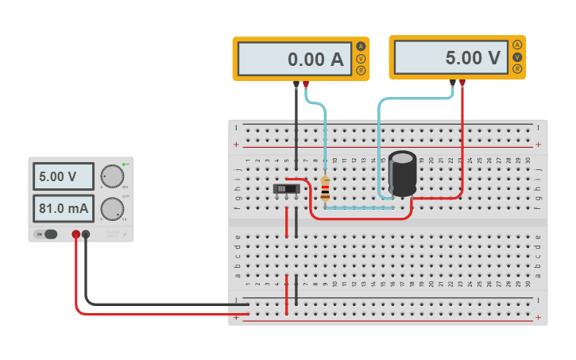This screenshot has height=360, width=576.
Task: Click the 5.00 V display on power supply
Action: click(63, 176)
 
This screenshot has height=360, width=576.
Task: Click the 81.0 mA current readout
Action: click(63, 209)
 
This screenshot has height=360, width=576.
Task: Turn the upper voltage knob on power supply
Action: click(113, 176)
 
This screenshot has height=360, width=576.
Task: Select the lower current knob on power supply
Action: click(112, 209)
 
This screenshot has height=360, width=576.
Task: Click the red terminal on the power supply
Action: click(76, 234)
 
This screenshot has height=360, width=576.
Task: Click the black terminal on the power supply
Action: click(86, 234)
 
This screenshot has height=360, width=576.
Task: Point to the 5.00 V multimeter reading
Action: click(450, 58)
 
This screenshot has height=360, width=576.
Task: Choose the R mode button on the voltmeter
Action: click(517, 69)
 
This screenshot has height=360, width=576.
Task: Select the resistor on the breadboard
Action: click(325, 188)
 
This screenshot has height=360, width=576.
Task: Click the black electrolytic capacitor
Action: click(403, 173)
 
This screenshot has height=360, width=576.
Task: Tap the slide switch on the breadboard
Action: click(287, 189)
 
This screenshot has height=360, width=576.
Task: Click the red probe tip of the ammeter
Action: click(306, 83)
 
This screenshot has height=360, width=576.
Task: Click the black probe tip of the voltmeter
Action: click(453, 81)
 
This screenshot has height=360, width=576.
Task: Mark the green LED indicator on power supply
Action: click(124, 164)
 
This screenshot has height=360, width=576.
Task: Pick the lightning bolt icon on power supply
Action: click(123, 234)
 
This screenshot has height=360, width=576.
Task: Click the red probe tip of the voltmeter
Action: click(462, 81)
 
